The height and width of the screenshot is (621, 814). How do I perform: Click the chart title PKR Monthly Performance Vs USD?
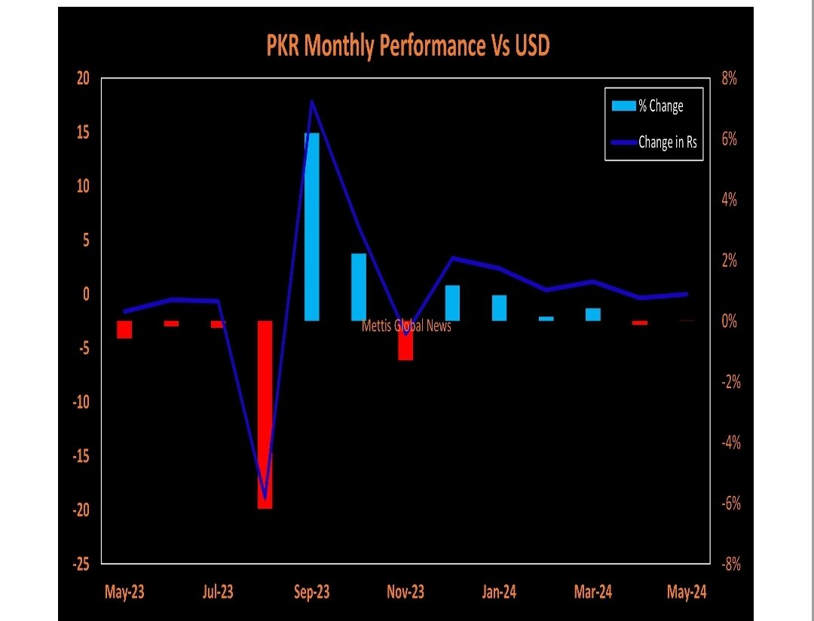tap(408, 47)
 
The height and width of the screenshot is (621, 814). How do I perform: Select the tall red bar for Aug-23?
tap(265, 415)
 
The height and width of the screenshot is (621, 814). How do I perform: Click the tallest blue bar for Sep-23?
tap(311, 226)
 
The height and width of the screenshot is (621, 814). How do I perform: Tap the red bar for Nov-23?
tap(405, 341)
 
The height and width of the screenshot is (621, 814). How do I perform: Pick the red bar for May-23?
tap(124, 329)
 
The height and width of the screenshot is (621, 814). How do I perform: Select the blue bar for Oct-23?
tap(359, 287)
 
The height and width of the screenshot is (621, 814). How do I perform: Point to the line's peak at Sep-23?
tap(312, 102)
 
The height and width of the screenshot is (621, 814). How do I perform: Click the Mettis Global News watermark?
tap(407, 326)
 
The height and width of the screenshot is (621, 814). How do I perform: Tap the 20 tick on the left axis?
tap(83, 78)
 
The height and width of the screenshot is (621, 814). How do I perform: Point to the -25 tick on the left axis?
tap(81, 564)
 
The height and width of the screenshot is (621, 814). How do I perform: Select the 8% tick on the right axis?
tap(729, 78)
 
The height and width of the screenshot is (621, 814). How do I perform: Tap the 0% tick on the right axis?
tap(729, 322)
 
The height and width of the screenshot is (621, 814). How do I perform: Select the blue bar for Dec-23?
tap(452, 303)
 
